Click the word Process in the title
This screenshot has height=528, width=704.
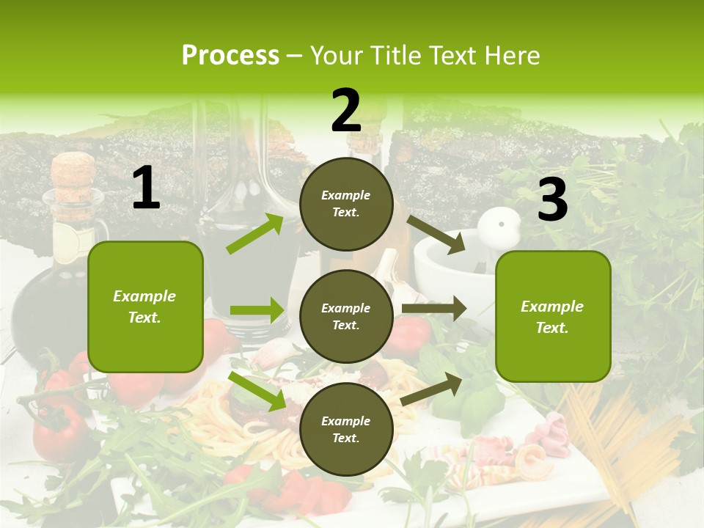pyautogui.click(x=230, y=56)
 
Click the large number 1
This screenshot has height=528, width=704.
pyautogui.click(x=146, y=188)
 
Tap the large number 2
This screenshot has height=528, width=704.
pyautogui.click(x=346, y=111)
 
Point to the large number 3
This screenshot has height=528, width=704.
pyautogui.click(x=552, y=200)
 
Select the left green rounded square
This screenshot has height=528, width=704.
pyautogui.click(x=145, y=307)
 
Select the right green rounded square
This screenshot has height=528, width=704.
pyautogui.click(x=553, y=316)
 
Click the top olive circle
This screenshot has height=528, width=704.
pyautogui.click(x=346, y=204)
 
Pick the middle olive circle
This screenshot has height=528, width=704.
pyautogui.click(x=346, y=316)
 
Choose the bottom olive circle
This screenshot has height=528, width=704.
pyautogui.click(x=346, y=429)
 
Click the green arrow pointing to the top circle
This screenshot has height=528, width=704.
pyautogui.click(x=254, y=234)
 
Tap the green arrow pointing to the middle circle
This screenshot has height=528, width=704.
pyautogui.click(x=256, y=310)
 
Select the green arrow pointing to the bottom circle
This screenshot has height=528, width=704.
pyautogui.click(x=257, y=391)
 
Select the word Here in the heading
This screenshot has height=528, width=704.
pyautogui.click(x=512, y=56)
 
